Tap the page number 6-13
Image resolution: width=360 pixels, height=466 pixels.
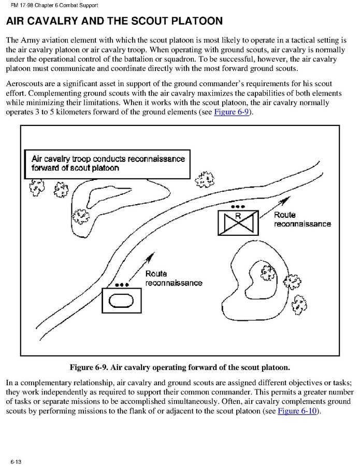click(14, 461)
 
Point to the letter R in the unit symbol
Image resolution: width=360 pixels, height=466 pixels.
click(238, 215)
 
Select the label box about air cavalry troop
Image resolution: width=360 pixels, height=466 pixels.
click(107, 164)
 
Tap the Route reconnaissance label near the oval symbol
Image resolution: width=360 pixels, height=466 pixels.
click(174, 278)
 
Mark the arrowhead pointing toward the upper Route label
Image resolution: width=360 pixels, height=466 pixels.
click(269, 213)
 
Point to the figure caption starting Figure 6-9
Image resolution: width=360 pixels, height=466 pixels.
click(180, 368)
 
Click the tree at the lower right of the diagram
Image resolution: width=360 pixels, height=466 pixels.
click(298, 301)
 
